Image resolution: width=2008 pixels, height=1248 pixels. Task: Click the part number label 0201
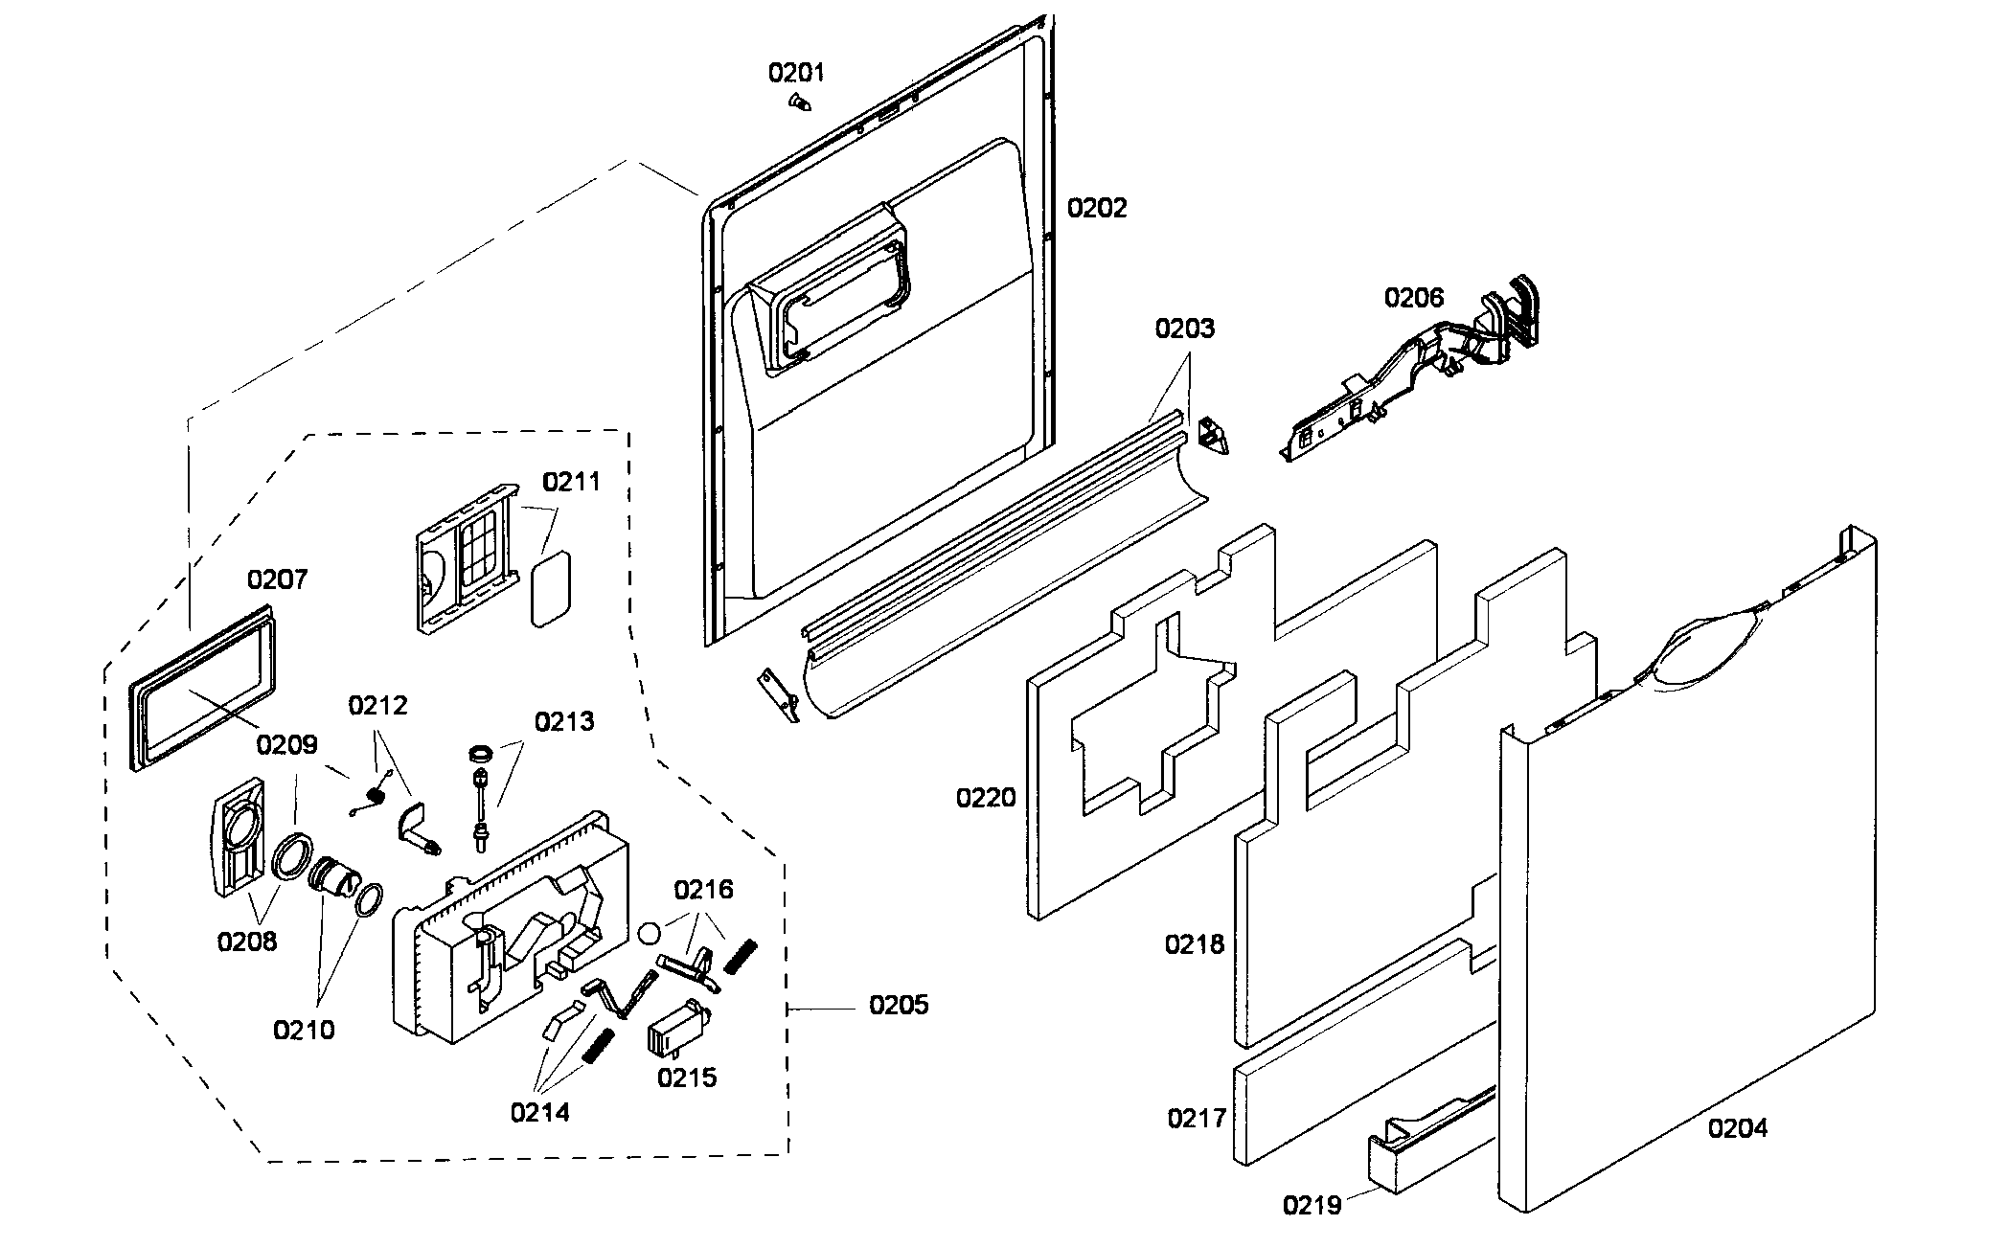(x=796, y=73)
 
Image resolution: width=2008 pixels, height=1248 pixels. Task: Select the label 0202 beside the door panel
(x=1097, y=208)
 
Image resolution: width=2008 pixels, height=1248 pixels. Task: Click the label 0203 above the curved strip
(x=1184, y=329)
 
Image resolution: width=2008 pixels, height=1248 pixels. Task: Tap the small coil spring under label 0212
(x=376, y=794)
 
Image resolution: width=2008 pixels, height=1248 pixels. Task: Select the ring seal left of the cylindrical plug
(x=293, y=854)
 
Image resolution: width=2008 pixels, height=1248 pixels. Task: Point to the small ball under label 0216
(x=650, y=933)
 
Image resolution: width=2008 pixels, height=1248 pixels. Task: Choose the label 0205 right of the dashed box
(x=899, y=1005)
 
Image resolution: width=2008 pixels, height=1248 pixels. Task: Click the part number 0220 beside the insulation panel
(x=986, y=797)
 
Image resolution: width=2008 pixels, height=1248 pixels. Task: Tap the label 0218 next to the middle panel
(x=1195, y=944)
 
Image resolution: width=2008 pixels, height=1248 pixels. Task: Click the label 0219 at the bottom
(x=1312, y=1204)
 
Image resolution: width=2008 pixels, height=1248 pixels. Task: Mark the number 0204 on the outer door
(x=1738, y=1128)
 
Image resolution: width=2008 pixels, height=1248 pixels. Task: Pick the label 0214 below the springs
(x=539, y=1112)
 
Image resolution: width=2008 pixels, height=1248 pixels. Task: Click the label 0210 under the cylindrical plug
(x=304, y=1030)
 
